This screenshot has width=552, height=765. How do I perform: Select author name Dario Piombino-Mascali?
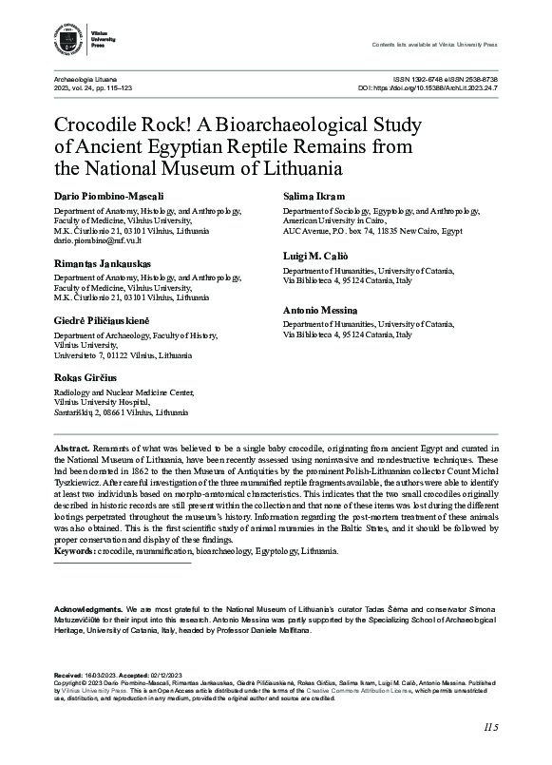pyautogui.click(x=106, y=195)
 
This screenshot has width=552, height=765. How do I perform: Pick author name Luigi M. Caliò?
pyautogui.click(x=318, y=257)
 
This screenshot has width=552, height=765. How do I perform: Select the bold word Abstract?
pyautogui.click(x=71, y=447)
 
